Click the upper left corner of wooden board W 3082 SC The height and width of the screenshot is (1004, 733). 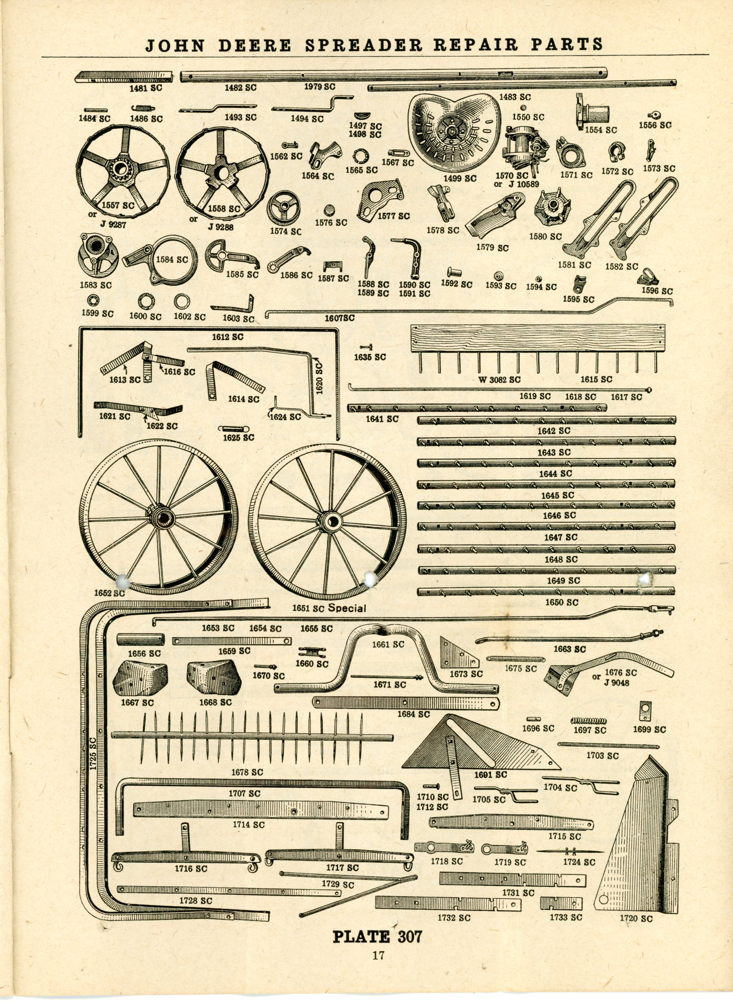[411, 325]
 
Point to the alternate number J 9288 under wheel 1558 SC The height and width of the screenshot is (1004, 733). [220, 227]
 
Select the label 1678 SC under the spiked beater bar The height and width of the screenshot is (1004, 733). [247, 772]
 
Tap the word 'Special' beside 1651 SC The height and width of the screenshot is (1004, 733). [347, 608]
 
